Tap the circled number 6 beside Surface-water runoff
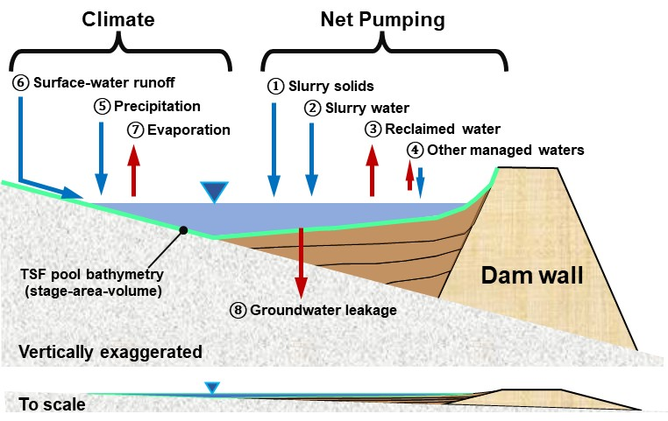tap(21, 83)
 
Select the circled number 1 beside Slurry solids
tap(275, 86)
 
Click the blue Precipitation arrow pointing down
tap(102, 158)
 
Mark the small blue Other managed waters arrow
tap(421, 181)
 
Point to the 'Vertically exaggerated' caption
tap(111, 352)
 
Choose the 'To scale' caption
tap(53, 404)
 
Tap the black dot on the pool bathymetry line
tap(184, 230)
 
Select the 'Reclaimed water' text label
tap(440, 130)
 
